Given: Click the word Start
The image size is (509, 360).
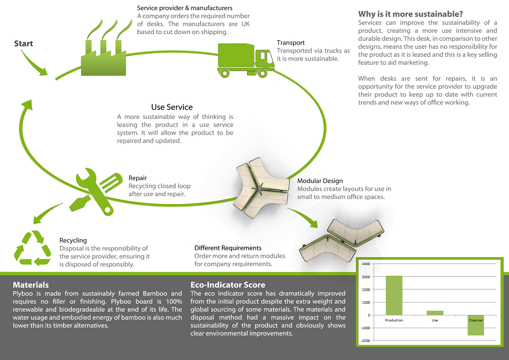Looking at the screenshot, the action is click(x=23, y=43).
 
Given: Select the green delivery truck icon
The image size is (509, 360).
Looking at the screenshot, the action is click(x=245, y=60).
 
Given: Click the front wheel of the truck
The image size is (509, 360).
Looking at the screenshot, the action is click(x=262, y=73).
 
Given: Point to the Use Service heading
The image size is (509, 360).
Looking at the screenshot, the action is click(x=172, y=107).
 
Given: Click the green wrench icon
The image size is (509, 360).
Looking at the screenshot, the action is click(x=94, y=191).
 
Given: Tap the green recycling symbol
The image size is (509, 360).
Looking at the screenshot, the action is click(x=32, y=248).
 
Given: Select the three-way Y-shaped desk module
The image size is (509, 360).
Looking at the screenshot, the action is click(x=261, y=188).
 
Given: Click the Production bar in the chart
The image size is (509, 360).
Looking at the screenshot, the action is click(x=394, y=295).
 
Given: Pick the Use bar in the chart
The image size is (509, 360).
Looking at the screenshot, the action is click(x=435, y=313).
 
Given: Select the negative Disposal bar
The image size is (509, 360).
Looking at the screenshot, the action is click(x=476, y=325).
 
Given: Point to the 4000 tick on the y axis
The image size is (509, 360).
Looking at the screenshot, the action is click(x=366, y=264).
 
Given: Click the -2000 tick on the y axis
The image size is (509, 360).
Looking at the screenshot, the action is click(x=365, y=340).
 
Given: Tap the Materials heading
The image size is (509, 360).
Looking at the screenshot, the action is click(x=31, y=285).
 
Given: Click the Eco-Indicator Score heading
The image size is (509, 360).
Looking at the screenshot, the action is click(x=228, y=285).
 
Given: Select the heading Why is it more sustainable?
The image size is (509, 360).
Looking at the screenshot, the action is click(x=410, y=14).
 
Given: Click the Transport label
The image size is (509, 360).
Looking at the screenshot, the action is click(x=291, y=42).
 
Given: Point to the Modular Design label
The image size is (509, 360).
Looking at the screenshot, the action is click(x=320, y=181).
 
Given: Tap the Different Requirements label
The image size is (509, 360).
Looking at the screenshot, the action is click(x=228, y=248).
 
